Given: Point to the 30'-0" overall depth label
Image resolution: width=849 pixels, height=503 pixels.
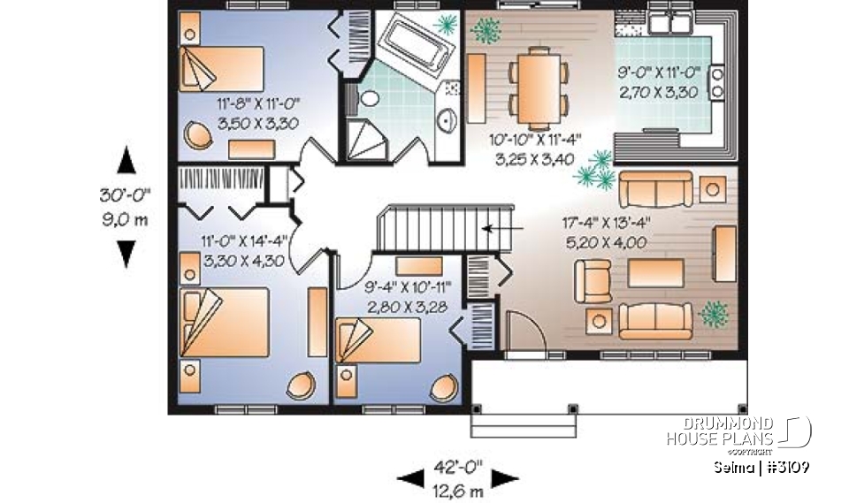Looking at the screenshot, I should click(126, 195).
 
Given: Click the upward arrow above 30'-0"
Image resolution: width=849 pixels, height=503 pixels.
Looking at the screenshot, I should click(126, 161).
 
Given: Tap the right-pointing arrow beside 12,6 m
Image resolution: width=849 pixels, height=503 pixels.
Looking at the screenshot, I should click(504, 479).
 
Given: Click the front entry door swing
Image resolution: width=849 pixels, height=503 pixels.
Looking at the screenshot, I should click(519, 332).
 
